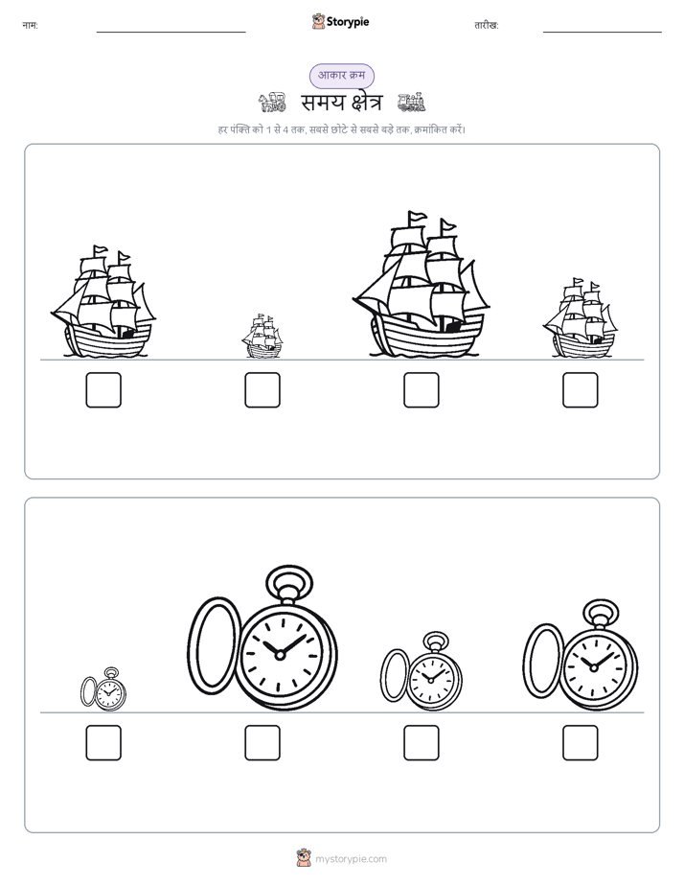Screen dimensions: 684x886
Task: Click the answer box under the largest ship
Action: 421,390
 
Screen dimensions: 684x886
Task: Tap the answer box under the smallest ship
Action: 262,390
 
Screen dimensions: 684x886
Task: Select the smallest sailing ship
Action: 262,337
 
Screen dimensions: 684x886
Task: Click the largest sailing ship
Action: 421,285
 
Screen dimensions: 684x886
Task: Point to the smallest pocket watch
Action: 103,689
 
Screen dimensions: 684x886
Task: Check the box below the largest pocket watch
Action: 262,742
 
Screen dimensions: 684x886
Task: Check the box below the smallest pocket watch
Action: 103,742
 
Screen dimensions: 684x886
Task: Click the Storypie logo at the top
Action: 340,21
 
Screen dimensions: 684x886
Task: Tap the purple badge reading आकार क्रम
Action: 341,76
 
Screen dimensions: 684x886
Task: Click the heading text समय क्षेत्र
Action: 341,103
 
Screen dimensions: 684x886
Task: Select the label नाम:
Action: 30,26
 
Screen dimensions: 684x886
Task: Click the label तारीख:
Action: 487,26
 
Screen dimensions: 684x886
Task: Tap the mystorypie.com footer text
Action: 351,859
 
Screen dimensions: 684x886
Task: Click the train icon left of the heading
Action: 272,103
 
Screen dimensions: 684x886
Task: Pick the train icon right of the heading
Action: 411,102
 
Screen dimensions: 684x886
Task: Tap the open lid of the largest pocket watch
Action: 214,644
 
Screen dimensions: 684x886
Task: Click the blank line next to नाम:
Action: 171,33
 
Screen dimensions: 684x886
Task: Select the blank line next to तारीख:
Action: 603,33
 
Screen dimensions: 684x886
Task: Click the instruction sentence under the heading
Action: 342,129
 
